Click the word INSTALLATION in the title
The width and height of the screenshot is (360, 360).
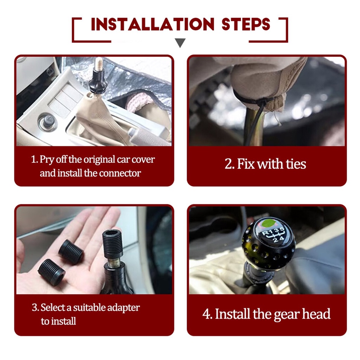click(153, 24)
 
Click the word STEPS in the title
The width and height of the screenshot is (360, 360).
click(246, 24)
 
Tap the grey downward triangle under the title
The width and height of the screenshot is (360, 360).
click(180, 43)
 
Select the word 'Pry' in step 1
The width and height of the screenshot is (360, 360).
click(47, 160)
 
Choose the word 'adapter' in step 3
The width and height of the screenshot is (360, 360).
click(123, 308)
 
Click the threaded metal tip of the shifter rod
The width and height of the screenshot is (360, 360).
click(99, 64)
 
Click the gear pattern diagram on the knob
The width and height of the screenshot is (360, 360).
click(274, 235)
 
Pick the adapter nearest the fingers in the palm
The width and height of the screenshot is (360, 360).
click(71, 252)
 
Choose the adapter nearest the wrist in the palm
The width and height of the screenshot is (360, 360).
click(51, 272)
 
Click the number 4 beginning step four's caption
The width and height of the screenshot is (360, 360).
click(207, 314)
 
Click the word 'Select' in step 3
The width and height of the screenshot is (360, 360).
click(53, 307)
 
